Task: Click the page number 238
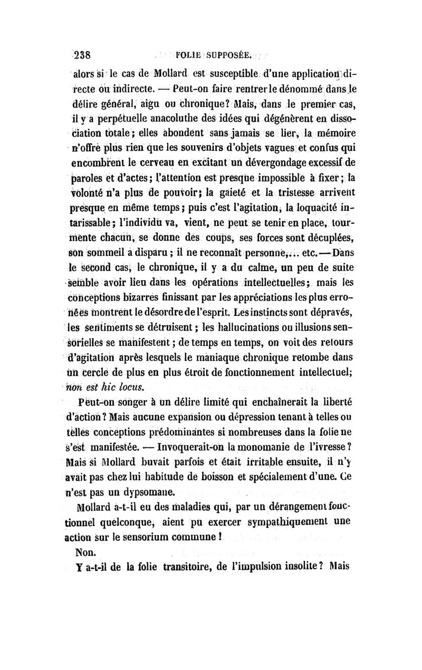[83, 53]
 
